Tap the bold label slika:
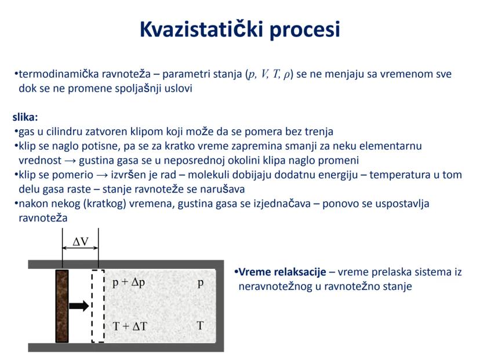[x=25, y=117]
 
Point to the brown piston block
[x=62, y=306]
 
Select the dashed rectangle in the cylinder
[x=98, y=306]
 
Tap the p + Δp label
[x=128, y=283]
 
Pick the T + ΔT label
[x=130, y=326]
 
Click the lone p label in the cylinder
[x=201, y=283]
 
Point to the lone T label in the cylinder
[x=200, y=326]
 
